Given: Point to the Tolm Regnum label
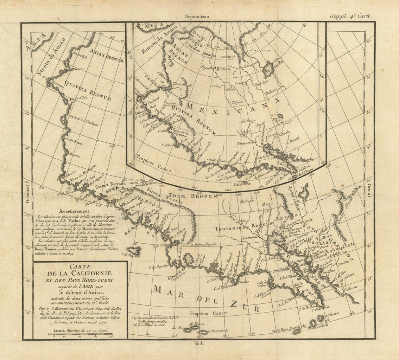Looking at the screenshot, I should click(186, 195).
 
